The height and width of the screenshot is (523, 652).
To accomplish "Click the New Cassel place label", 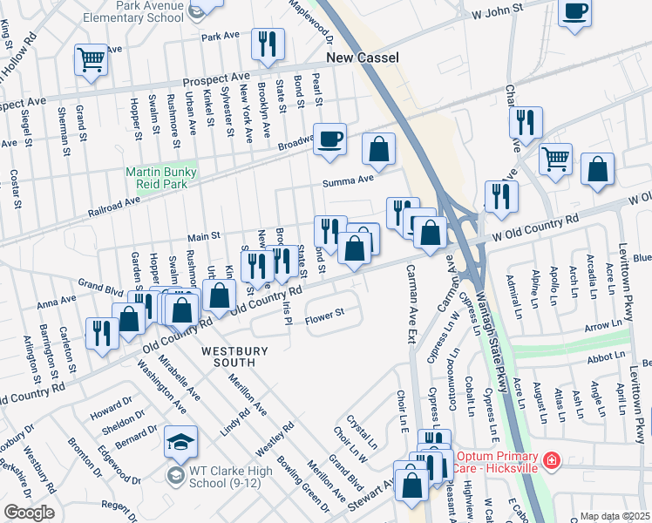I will (362, 58).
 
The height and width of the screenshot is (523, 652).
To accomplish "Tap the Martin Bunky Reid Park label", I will (161, 179).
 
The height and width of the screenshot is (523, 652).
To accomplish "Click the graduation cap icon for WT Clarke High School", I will (180, 444).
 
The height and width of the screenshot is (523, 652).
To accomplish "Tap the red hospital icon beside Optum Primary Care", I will (551, 459).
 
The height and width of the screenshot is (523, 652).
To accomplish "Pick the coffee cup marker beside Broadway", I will (329, 139).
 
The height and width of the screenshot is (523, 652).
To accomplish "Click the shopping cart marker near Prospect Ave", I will (90, 60).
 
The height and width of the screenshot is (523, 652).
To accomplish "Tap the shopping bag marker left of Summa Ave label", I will (379, 150).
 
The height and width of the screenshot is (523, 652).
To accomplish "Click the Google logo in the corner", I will (28, 513).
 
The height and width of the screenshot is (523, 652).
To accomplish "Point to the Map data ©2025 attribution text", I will (614, 516).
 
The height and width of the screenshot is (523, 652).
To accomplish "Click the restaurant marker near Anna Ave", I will (102, 334).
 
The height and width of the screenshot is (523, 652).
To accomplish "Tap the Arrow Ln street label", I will (603, 325).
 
